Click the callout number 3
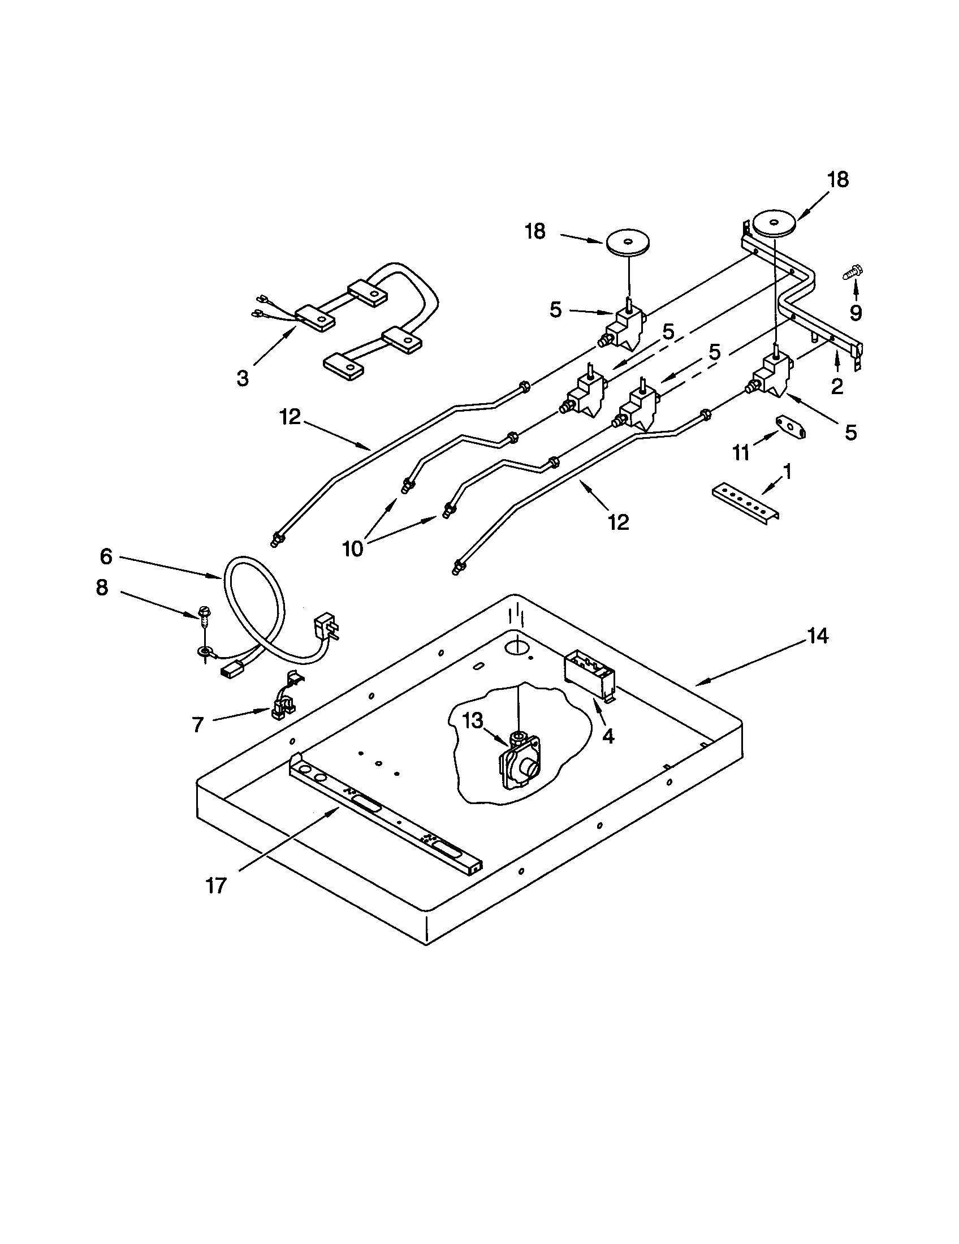(243, 378)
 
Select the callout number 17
(217, 886)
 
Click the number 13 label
(473, 721)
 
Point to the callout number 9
(856, 312)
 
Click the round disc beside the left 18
(628, 244)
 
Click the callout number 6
(106, 556)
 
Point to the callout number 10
(352, 548)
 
